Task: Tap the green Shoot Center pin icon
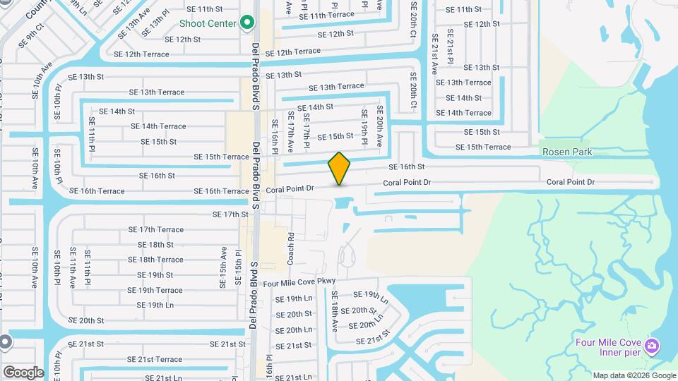coord(246,23)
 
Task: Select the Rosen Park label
coord(566,152)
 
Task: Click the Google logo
coord(23,372)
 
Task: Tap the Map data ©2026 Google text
coord(634,375)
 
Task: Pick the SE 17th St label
coord(231,214)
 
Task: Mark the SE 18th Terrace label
coord(155,260)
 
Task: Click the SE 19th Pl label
coord(364,128)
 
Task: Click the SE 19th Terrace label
coord(155,290)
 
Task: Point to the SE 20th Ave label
coord(379,126)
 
